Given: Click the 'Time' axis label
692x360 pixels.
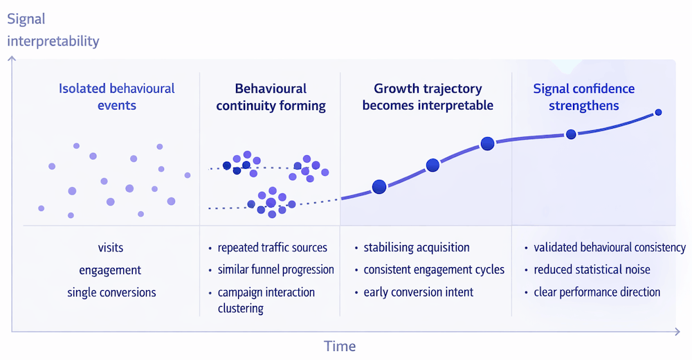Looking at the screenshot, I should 340,346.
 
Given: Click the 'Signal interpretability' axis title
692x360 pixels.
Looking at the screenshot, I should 53,31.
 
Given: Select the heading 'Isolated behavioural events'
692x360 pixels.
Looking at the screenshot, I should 116,97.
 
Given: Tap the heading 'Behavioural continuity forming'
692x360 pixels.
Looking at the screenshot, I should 271,97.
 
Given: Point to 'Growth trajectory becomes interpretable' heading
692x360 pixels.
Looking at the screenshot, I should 428,97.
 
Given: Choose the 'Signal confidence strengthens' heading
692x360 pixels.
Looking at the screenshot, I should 583,97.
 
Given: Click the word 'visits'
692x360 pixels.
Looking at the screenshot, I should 111,247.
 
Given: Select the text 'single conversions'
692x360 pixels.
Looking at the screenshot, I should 111,292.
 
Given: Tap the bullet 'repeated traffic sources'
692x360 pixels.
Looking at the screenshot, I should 272,247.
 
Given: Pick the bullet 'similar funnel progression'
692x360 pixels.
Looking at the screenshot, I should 275,269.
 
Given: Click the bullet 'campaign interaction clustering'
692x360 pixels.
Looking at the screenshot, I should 266,300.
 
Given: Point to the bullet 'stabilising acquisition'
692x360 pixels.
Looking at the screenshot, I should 417,247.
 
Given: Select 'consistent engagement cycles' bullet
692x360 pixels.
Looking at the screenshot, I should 434,269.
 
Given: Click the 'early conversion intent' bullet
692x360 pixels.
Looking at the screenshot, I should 419,292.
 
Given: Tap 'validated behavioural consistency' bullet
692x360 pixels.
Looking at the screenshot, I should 610,247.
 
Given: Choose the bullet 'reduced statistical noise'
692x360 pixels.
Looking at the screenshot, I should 592,269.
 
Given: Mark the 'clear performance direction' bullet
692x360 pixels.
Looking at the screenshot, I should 597,292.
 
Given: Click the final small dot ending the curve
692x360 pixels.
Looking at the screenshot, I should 658,112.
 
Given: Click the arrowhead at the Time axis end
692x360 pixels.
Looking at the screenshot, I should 677,332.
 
